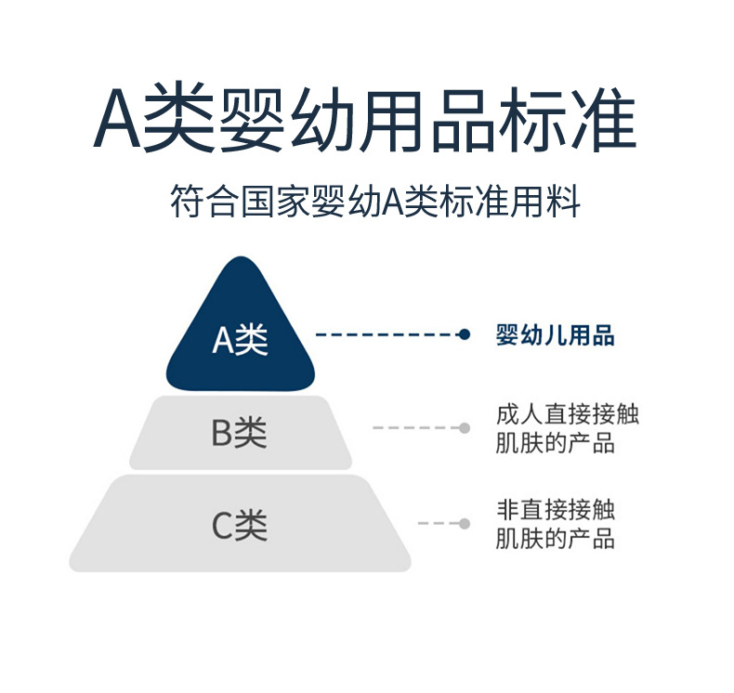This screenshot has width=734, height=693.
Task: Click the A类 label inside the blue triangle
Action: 240,340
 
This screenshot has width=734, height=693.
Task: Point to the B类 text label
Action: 240,433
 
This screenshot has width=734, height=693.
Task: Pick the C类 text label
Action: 240,527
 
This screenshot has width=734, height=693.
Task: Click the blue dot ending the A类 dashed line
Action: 465,334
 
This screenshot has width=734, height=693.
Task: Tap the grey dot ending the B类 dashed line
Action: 465,427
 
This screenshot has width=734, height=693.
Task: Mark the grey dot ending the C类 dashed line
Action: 465,523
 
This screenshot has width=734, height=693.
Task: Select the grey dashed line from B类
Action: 413,427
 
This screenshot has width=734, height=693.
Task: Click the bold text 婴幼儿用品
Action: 556,335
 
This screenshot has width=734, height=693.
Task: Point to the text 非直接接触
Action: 556,509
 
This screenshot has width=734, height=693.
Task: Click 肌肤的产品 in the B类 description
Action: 556,443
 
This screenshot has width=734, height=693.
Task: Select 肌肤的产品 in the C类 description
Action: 556,538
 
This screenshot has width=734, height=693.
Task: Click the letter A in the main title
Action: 117,120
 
